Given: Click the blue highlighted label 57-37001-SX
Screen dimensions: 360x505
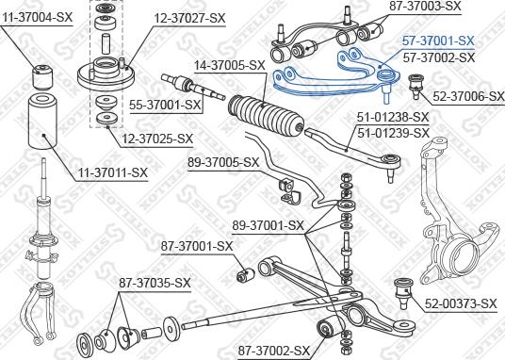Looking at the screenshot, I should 438,42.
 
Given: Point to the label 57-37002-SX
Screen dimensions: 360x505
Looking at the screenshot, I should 438,57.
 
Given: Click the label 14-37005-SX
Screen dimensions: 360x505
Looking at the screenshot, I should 229,66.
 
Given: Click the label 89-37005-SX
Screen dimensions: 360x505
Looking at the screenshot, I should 223,162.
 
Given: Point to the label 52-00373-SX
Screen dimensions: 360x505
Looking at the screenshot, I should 461,303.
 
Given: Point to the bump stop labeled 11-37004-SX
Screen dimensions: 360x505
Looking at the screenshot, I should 44,72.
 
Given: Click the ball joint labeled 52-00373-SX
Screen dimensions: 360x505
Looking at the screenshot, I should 404,286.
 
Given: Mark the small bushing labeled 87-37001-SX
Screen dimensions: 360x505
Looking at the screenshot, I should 243,275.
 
